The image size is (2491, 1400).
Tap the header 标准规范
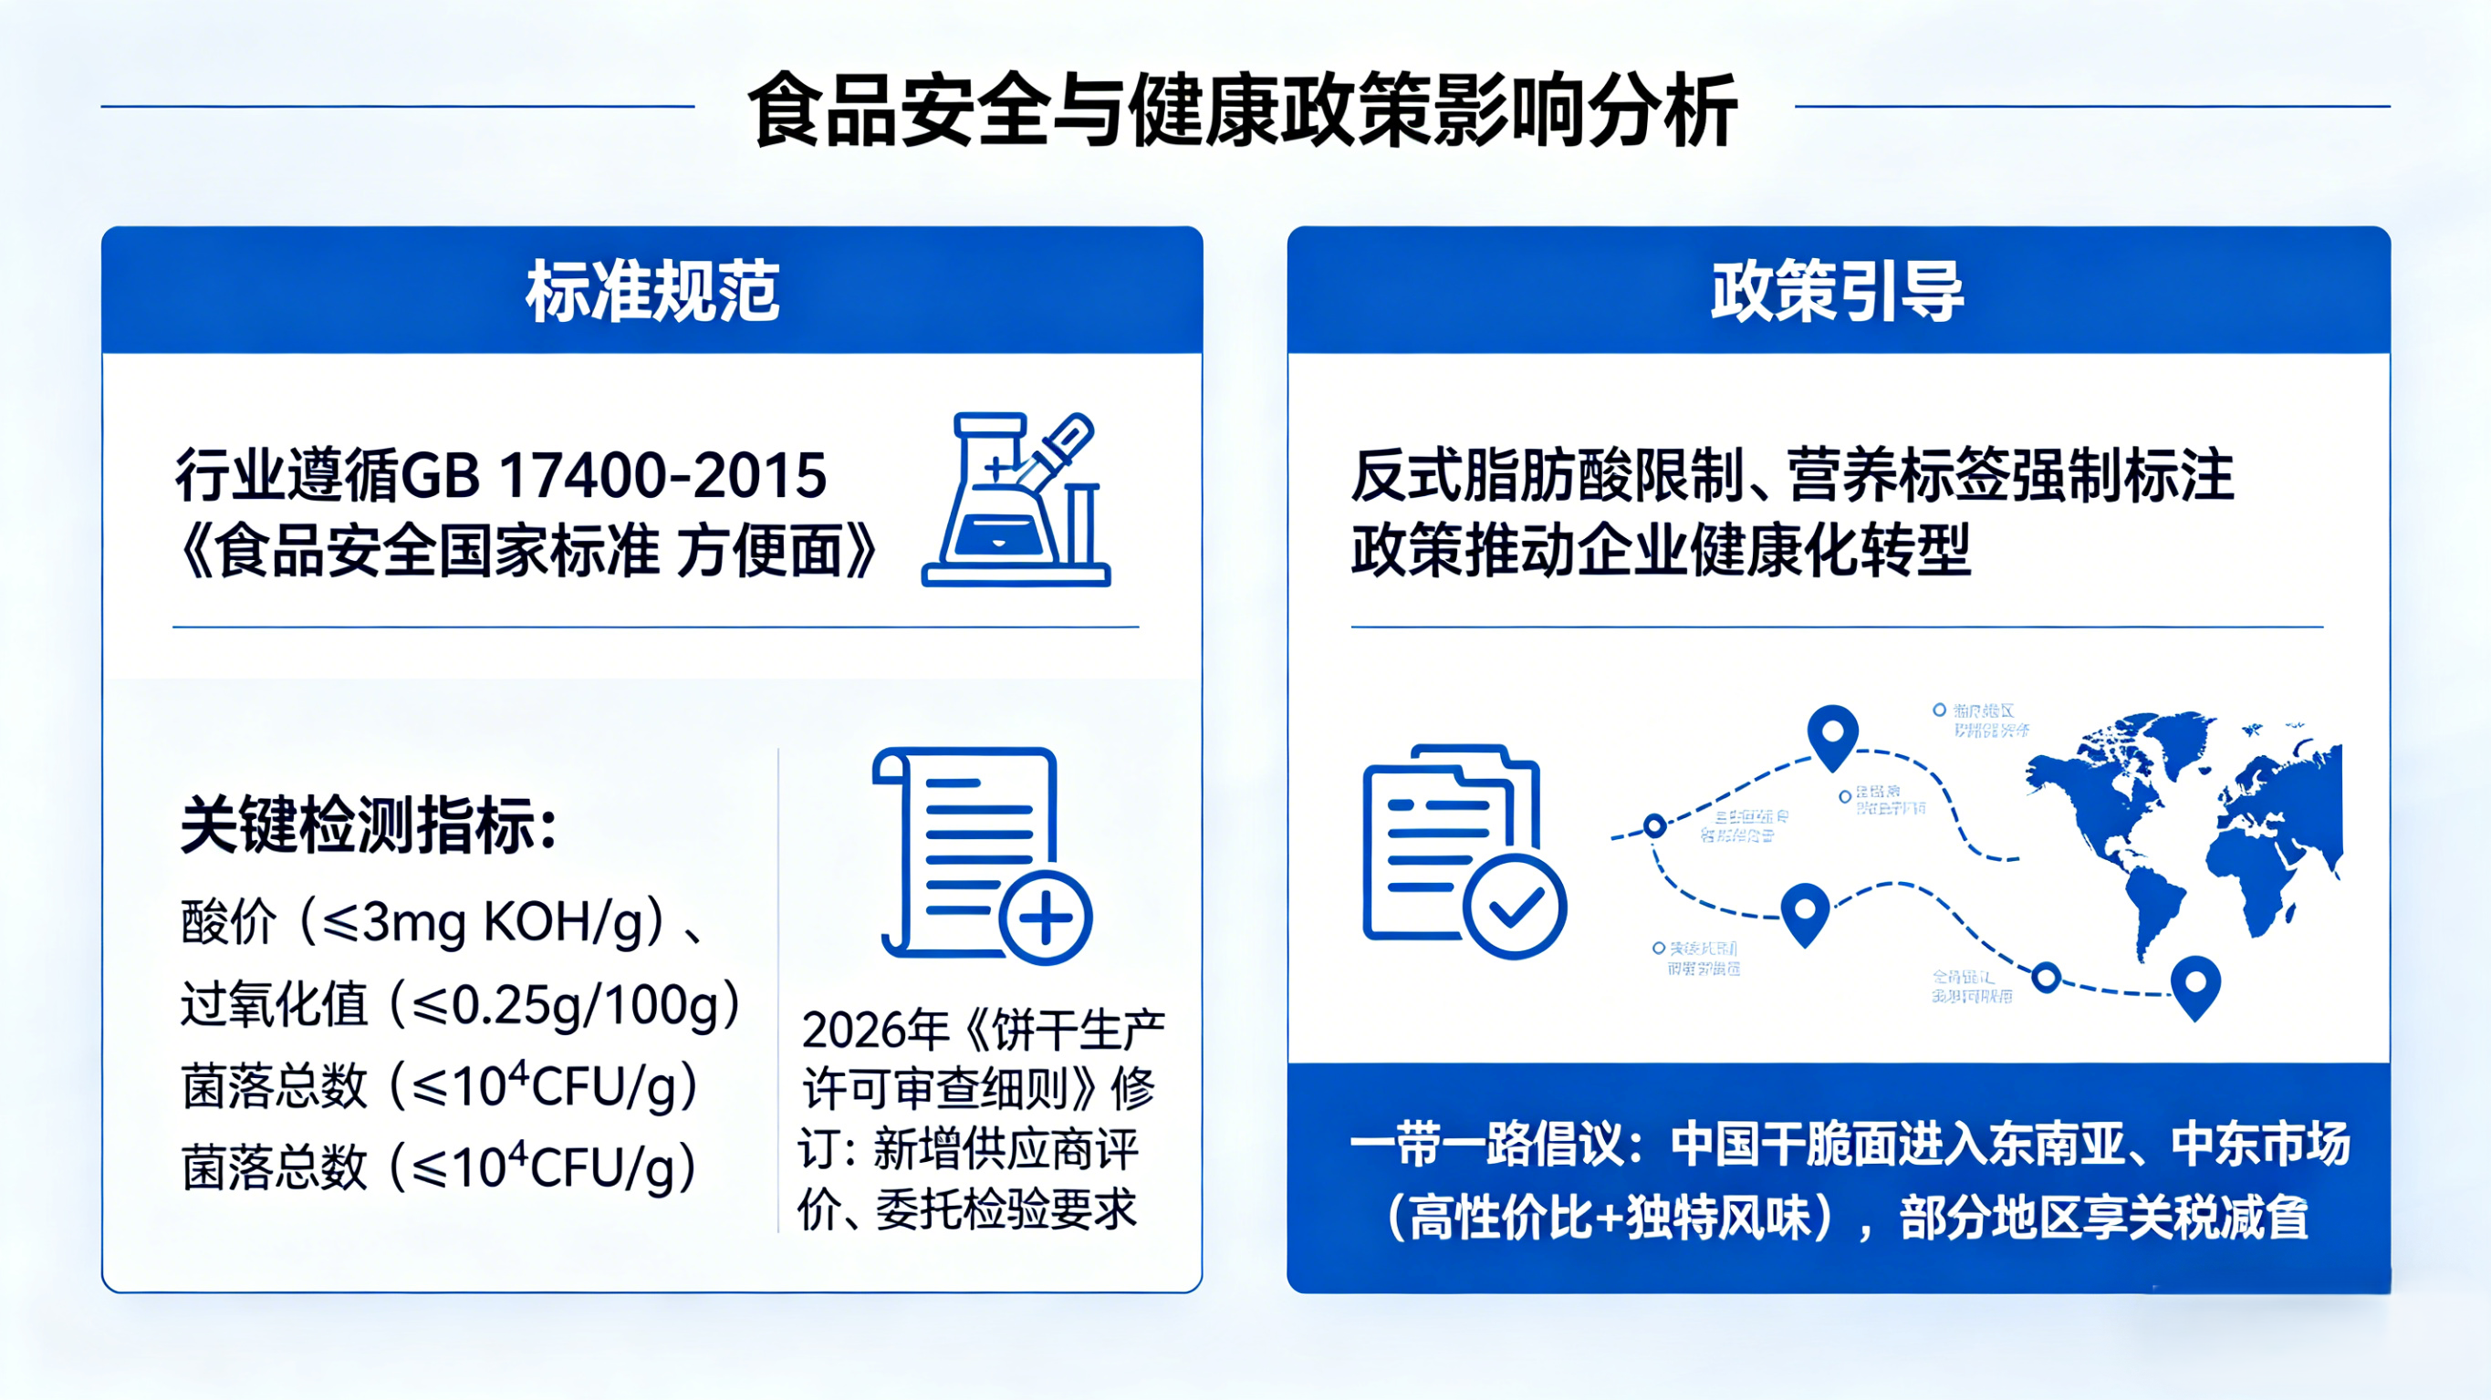click(651, 290)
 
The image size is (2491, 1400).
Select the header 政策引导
click(1838, 290)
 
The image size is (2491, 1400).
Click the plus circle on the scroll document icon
click(1045, 917)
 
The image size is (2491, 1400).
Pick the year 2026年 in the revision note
click(875, 1031)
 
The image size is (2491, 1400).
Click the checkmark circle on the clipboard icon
click(1515, 907)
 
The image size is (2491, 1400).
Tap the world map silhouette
click(2185, 832)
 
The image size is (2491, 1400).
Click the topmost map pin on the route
click(1832, 735)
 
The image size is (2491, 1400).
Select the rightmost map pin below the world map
click(2195, 986)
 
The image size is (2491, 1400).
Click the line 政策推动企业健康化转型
click(1661, 551)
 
